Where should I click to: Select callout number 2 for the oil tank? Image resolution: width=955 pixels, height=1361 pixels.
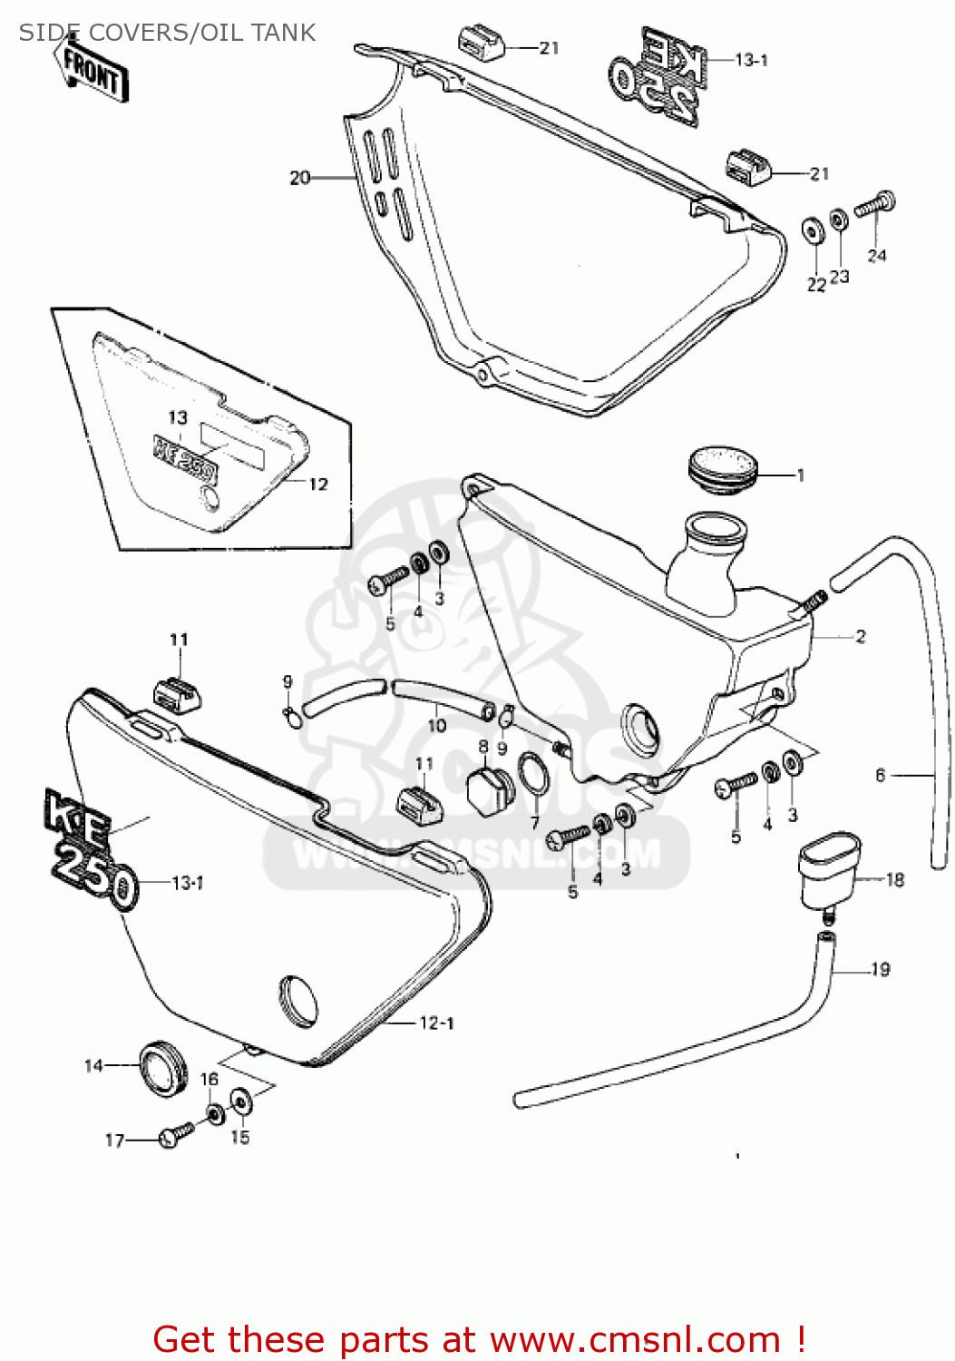pyautogui.click(x=860, y=637)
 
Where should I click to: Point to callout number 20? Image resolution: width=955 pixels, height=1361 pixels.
pyautogui.click(x=300, y=178)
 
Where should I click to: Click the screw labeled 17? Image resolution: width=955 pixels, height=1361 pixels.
pyautogui.click(x=176, y=1134)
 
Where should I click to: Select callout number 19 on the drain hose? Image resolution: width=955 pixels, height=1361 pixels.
pyautogui.click(x=880, y=970)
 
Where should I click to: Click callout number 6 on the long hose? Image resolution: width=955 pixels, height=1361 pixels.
pyautogui.click(x=880, y=775)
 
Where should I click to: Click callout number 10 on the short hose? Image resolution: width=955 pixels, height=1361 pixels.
pyautogui.click(x=436, y=725)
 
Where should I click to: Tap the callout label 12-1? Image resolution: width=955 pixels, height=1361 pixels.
pyautogui.click(x=436, y=1023)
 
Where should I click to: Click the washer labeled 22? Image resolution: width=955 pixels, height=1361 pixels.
pyautogui.click(x=814, y=230)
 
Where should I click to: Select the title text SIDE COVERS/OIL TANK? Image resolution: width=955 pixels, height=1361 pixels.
pyautogui.click(x=167, y=33)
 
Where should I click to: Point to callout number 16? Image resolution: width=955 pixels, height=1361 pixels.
pyautogui.click(x=209, y=1079)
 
